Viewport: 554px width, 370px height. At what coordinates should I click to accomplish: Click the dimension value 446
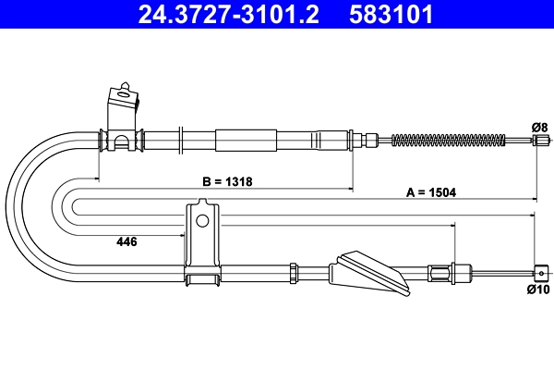point(126,241)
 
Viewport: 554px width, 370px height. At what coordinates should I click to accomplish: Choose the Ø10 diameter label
point(538,289)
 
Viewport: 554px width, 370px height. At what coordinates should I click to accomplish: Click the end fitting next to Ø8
point(539,141)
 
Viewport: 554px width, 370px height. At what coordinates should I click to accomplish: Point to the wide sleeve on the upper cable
point(246,141)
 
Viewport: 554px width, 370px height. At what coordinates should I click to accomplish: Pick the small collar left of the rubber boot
point(293,272)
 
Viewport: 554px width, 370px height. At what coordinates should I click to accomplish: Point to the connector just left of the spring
point(371,141)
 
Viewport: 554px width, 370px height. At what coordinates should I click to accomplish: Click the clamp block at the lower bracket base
point(202,275)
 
